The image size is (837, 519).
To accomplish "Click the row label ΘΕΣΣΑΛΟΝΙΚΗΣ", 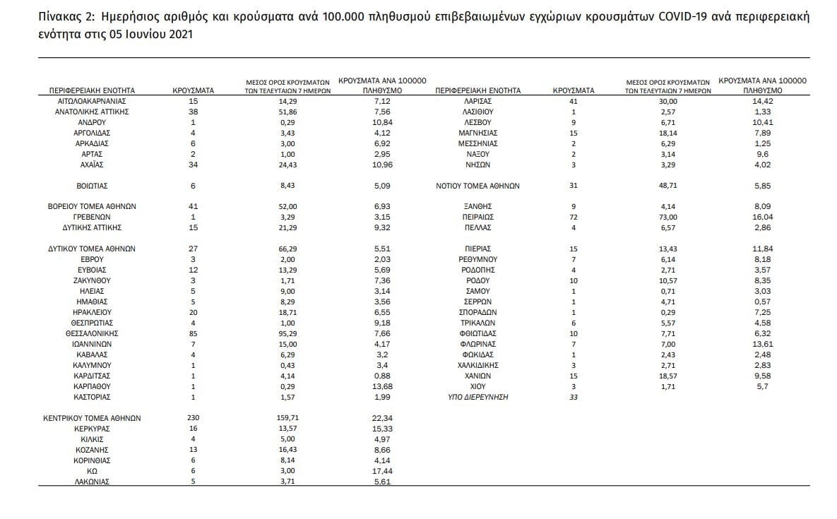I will [x=92, y=333].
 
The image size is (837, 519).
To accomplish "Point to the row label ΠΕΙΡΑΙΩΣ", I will [x=478, y=217].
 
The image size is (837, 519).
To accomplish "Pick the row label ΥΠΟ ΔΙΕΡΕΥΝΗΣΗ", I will [x=478, y=397].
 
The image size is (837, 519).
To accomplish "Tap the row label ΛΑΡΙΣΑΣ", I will [x=478, y=101].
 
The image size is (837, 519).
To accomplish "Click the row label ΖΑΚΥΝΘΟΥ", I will [x=92, y=280].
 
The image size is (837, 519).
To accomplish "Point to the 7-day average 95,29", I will [x=283, y=333].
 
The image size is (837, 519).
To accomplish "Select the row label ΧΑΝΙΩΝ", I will [x=478, y=376].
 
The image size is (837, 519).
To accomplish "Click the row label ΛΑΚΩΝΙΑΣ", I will [x=92, y=482].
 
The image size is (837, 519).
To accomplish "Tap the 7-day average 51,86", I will [x=283, y=112].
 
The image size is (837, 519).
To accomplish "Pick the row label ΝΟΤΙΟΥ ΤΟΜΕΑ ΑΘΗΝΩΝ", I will [x=478, y=186].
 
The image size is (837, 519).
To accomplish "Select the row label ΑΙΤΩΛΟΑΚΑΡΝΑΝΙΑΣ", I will [x=92, y=101].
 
